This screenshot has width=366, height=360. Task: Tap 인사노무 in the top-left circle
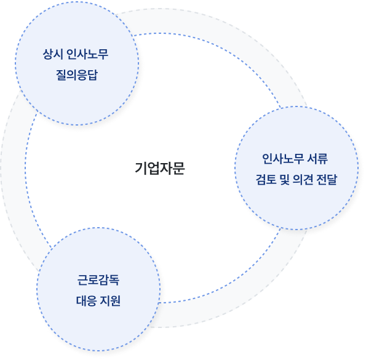[x=87, y=54]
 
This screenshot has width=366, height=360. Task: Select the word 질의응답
[x=77, y=75]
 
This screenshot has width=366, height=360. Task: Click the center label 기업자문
[x=160, y=169]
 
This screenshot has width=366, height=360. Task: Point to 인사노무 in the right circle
[x=283, y=159]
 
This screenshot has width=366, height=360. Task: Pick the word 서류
[x=317, y=159]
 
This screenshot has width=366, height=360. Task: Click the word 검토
[x=266, y=180]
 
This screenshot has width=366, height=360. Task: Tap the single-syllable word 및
[x=285, y=180]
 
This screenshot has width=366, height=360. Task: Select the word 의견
[x=303, y=180]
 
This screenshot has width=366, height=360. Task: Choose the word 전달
[x=327, y=180]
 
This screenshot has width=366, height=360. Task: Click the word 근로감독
[x=98, y=279]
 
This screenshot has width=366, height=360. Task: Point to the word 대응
[x=86, y=300]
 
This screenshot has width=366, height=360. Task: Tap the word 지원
[x=110, y=300]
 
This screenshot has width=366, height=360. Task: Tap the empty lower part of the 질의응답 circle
[x=77, y=103]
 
